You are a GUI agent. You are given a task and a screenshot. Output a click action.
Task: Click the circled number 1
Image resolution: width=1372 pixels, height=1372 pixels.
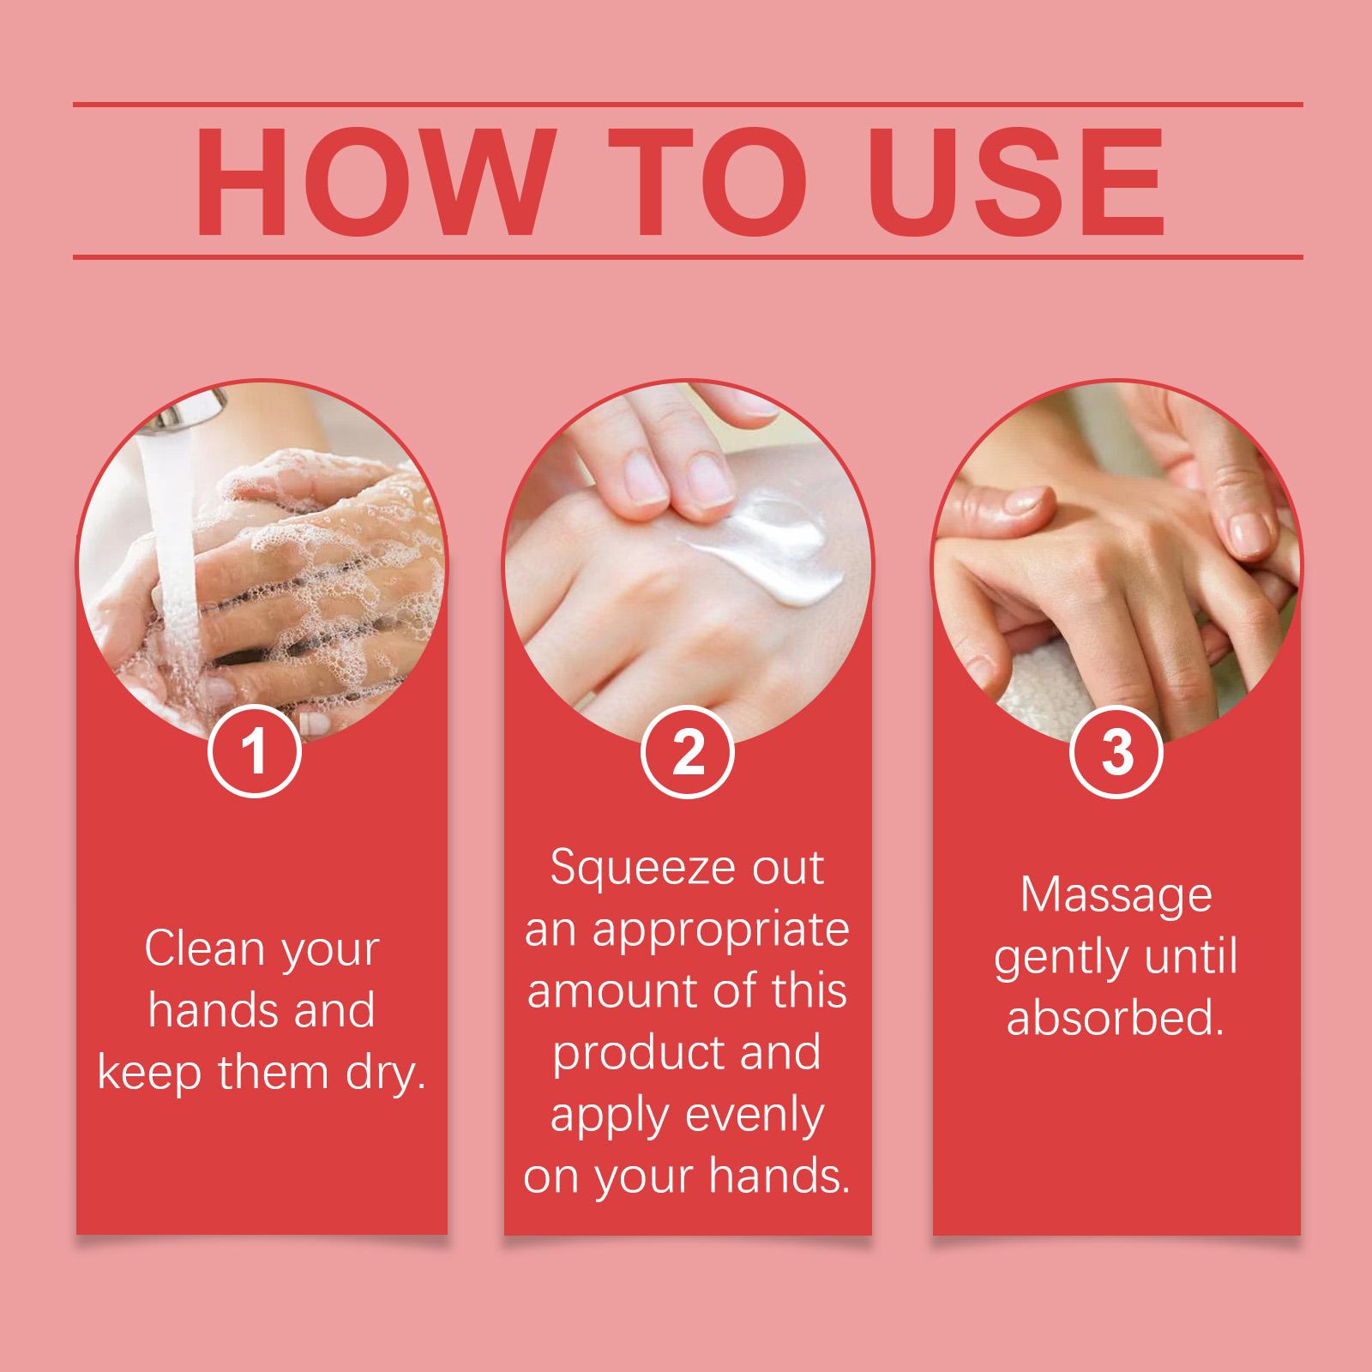coord(255,752)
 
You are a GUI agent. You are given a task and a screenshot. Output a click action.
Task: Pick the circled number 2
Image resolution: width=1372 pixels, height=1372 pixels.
coord(688,752)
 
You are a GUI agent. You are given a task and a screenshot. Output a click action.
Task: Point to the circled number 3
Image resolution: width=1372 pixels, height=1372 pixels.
coord(1117,752)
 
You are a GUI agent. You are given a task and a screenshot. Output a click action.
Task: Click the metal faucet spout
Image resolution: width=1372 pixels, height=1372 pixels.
coord(193,411)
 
